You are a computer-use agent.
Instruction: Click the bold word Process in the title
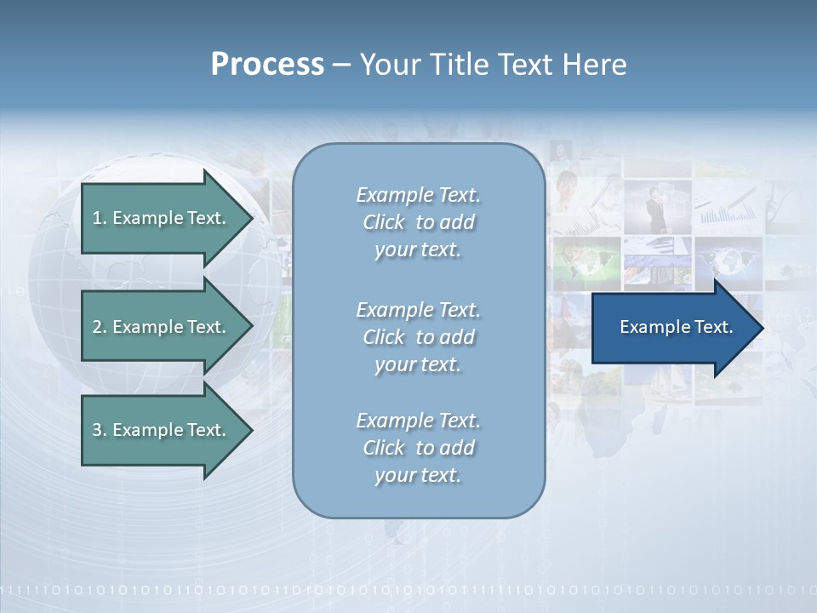(267, 65)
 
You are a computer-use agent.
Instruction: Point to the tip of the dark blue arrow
(762, 328)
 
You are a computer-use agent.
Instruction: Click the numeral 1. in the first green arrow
(100, 218)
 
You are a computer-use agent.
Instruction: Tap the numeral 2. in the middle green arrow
(100, 327)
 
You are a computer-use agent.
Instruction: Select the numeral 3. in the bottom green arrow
(100, 430)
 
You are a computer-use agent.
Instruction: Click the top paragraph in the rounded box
(418, 222)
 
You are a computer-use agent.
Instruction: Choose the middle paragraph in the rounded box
(418, 337)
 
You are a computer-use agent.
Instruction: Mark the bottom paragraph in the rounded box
(418, 448)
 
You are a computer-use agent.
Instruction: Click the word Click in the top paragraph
(384, 222)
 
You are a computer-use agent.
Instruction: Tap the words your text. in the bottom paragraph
(418, 475)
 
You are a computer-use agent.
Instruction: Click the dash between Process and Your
(341, 65)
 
